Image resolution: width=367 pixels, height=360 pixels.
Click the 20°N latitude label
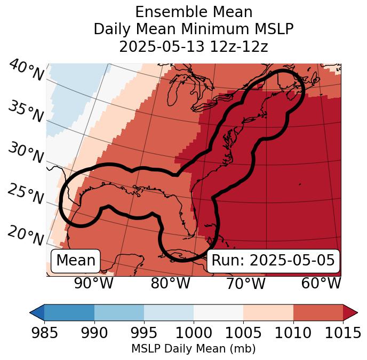click(26, 235)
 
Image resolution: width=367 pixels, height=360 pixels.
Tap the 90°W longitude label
click(93, 284)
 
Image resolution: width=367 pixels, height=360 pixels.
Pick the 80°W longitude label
click(170, 284)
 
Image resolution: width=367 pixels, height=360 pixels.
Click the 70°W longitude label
click(245, 284)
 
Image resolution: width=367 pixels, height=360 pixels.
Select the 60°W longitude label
click(321, 284)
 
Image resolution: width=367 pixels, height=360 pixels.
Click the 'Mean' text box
click(76, 261)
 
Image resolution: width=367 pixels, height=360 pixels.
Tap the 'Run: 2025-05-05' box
click(273, 261)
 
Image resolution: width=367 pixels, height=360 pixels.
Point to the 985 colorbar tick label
click(44, 333)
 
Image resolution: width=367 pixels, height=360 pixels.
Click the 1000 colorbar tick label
click(194, 333)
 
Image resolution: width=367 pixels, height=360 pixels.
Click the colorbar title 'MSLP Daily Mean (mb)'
click(193, 349)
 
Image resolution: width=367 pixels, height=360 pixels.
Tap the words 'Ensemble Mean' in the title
click(193, 12)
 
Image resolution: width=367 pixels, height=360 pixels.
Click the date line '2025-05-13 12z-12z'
click(193, 46)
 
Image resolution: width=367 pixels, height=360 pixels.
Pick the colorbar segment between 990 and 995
click(119, 312)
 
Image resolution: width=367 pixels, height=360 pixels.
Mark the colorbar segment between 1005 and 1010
click(268, 312)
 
